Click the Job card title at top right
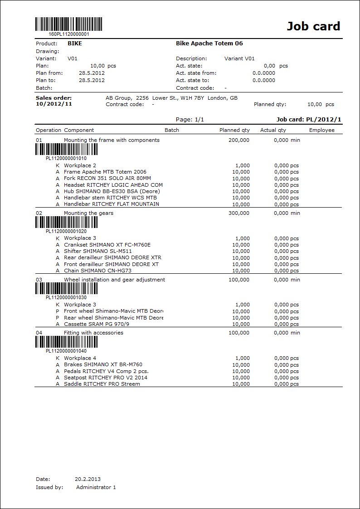click(x=313, y=26)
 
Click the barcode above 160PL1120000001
click(x=69, y=24)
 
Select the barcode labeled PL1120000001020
click(x=66, y=222)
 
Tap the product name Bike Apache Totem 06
click(x=209, y=44)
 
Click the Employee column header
click(x=321, y=130)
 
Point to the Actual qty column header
click(x=273, y=130)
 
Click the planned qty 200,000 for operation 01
click(x=239, y=140)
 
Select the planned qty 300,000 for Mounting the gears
click(x=239, y=213)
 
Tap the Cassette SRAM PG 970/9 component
click(x=97, y=324)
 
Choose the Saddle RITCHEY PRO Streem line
click(x=102, y=384)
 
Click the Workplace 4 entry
click(x=80, y=358)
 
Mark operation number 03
click(x=39, y=280)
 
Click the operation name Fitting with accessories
click(x=93, y=333)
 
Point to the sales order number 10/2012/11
click(x=54, y=104)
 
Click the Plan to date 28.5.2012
click(x=92, y=80)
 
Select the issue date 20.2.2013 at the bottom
click(x=88, y=479)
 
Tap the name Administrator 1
click(x=96, y=487)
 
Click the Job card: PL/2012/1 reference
click(x=309, y=119)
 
